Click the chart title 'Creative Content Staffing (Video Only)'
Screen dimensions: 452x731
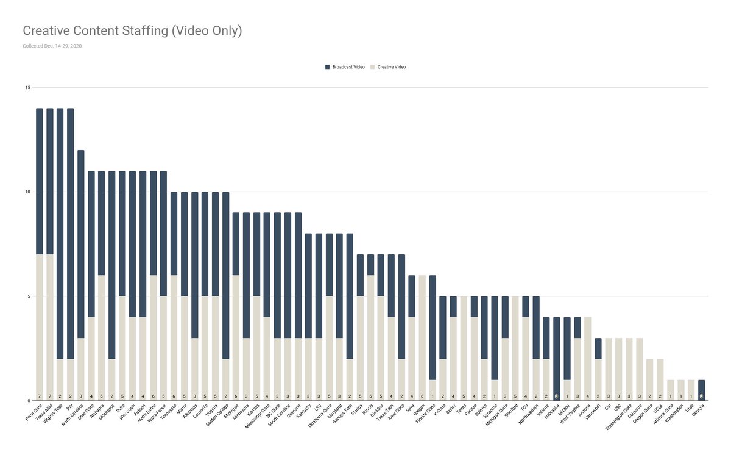[132, 30]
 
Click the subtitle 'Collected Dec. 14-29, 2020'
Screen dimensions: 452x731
[52, 46]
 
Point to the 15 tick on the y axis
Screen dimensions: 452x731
[27, 88]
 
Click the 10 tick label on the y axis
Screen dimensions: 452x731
[27, 192]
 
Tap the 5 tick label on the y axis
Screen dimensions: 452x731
[29, 296]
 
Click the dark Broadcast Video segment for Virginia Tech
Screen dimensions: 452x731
[60, 232]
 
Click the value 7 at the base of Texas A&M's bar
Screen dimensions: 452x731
[50, 396]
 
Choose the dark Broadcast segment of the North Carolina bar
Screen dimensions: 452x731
[81, 244]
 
